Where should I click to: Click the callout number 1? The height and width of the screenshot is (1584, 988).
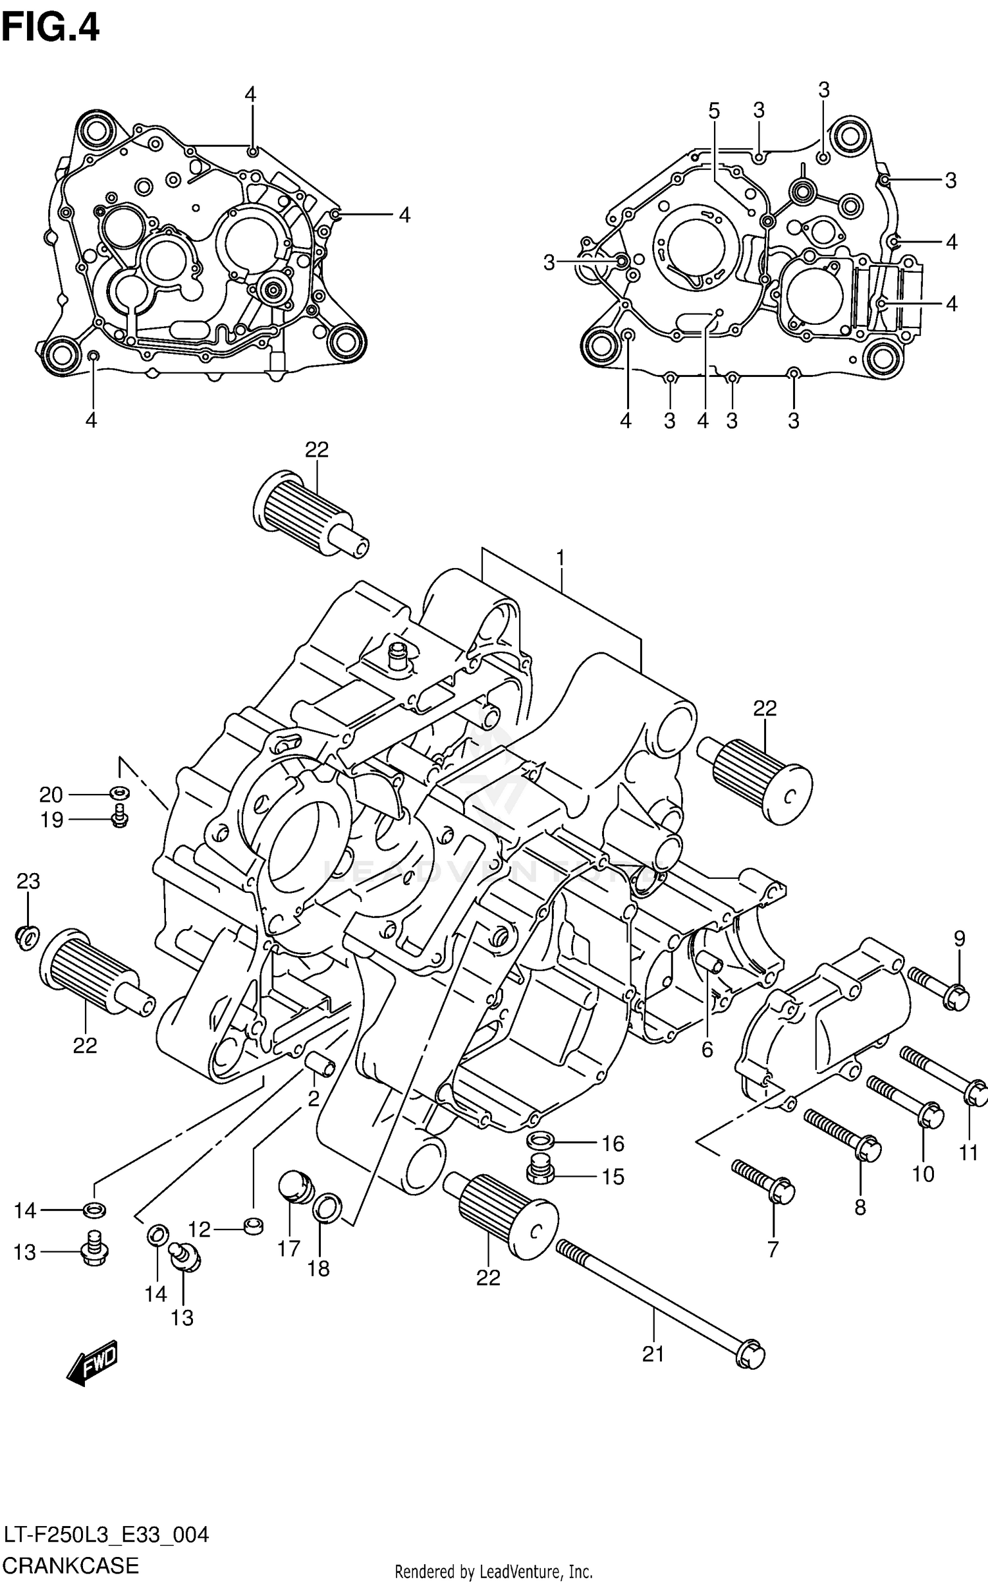pos(560,559)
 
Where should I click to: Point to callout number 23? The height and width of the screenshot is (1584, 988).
pos(28,881)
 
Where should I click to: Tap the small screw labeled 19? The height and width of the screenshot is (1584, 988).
pos(119,817)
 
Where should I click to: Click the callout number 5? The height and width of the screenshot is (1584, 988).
pos(715,111)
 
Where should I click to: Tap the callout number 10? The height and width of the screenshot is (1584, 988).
pos(923,1174)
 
